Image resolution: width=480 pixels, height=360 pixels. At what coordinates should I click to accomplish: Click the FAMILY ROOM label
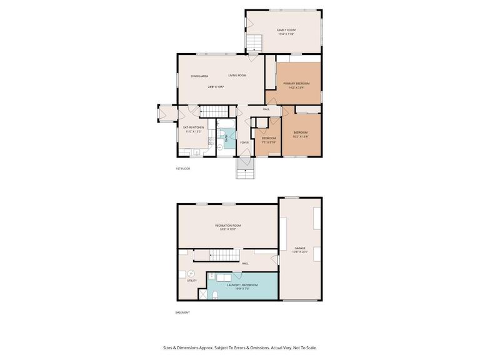[286, 30]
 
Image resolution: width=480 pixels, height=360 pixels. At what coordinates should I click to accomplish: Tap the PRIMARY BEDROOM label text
[296, 83]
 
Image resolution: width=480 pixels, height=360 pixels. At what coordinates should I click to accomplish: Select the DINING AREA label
[199, 76]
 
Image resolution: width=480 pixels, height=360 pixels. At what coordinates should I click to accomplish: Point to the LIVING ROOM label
[237, 76]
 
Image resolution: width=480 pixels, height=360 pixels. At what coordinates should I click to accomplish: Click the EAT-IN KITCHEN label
[193, 127]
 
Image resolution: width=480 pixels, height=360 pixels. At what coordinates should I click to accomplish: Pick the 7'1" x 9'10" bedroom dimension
[269, 142]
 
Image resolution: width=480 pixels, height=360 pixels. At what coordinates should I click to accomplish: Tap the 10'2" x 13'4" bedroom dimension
[301, 136]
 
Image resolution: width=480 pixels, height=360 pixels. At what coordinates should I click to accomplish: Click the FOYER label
[244, 142]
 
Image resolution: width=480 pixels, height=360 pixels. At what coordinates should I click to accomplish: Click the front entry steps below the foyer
[244, 168]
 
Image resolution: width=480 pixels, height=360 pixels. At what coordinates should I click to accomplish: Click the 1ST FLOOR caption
[182, 169]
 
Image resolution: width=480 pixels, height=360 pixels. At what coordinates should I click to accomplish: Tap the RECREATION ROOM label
[227, 225]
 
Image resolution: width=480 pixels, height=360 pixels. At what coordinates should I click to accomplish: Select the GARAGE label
[300, 248]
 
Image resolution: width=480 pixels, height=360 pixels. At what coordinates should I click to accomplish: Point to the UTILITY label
[192, 280]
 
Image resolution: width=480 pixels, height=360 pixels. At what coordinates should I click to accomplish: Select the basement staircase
[216, 255]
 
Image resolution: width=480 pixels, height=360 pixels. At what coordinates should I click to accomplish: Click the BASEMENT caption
[182, 312]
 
